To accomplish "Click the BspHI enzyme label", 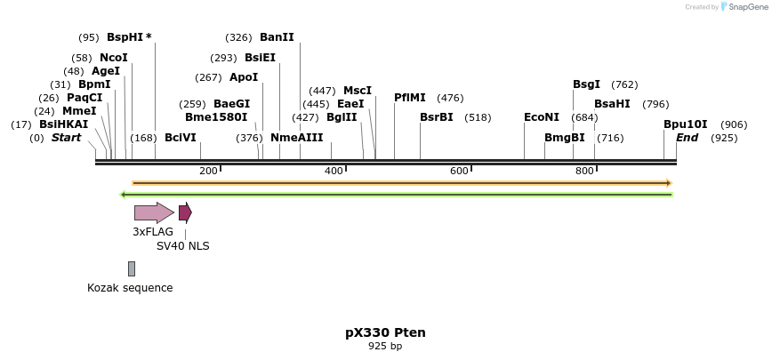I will point(124,37).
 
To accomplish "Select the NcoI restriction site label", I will point(114,58).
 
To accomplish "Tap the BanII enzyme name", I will point(277,37).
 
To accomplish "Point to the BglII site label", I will point(342,117).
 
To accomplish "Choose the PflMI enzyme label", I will point(410,98).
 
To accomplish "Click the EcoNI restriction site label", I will point(542,117).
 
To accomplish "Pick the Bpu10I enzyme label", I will point(686,124).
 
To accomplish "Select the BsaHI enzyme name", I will point(612,104).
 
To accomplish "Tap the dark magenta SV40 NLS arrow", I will point(185,212).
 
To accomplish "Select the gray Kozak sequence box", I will point(132,268).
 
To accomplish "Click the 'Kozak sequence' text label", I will point(130,288).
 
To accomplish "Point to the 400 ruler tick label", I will point(334,171).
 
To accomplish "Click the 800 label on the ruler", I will point(584,171).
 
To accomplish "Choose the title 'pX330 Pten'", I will point(385,332).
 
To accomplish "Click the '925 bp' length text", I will point(385,346).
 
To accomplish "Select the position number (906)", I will point(734,124).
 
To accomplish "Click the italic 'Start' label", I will point(66,138).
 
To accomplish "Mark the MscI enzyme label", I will point(358,91).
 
